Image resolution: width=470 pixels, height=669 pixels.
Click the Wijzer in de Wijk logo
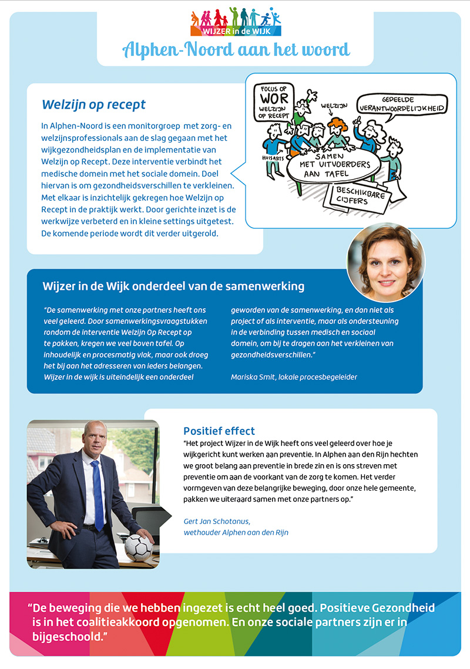point(235,22)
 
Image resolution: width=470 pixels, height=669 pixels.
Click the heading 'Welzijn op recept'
point(93,105)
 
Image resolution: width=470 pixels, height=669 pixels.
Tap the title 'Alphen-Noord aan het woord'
point(236,50)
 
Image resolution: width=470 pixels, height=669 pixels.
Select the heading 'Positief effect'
point(219,431)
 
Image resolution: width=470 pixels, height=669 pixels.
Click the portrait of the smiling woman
point(385,262)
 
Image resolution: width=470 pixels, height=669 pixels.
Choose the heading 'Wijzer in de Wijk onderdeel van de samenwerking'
point(173,287)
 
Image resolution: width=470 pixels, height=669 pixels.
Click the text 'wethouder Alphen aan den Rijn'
point(236,532)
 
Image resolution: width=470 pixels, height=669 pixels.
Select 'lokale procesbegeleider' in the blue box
point(324,377)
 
